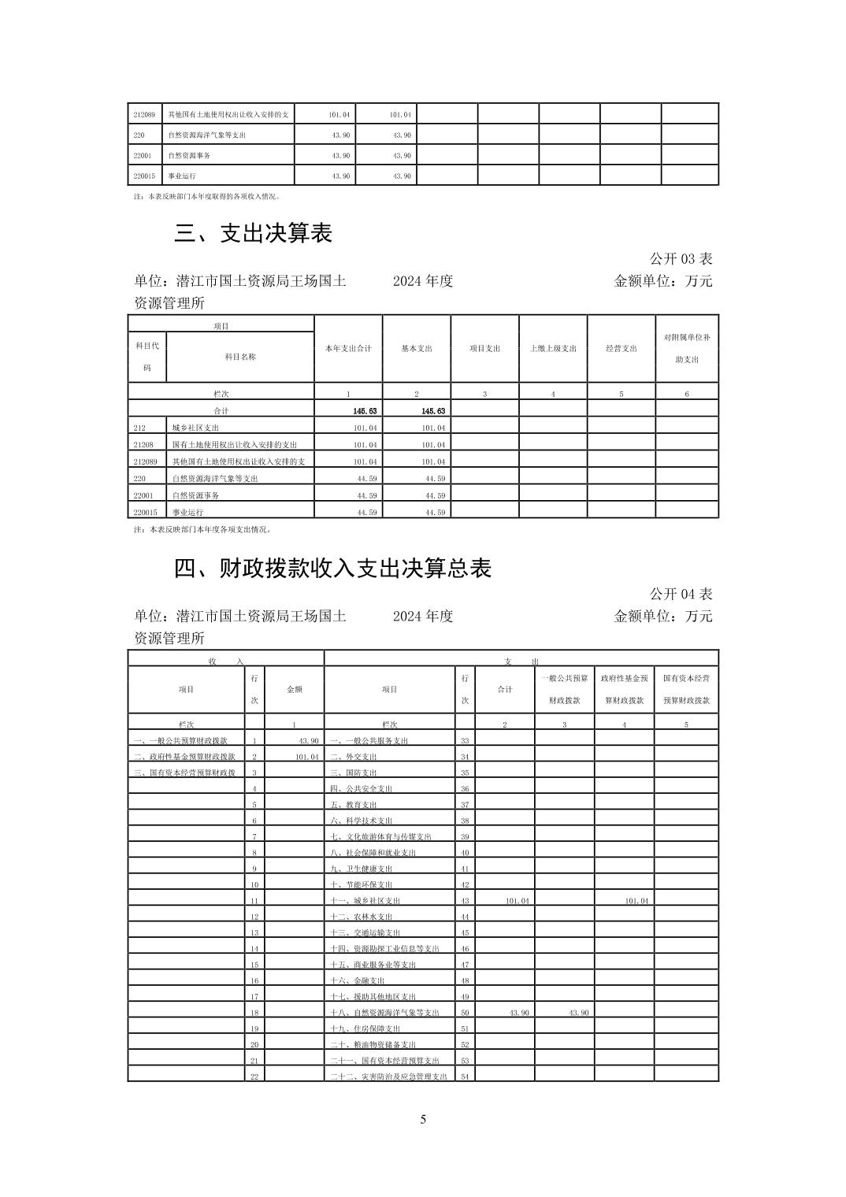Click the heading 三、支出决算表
point(253,233)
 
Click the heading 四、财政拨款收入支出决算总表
point(332,569)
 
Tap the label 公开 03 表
point(681,259)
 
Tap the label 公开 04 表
point(681,595)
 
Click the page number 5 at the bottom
point(423,1120)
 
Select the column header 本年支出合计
point(348,348)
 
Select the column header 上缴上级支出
point(553,348)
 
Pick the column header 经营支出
point(621,348)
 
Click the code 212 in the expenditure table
point(140,428)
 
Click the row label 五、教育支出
point(354,805)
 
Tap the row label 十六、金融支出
point(358,981)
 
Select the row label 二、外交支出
point(354,757)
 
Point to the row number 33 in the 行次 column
point(465,741)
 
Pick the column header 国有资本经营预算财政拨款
point(686,689)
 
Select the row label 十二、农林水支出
point(362,917)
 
